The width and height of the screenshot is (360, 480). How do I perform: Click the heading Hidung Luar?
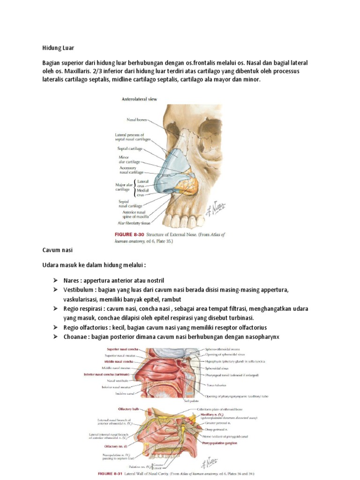coord(58,48)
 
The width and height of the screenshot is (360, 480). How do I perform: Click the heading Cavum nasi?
coord(58,250)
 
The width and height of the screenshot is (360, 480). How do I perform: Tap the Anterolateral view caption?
coord(139,99)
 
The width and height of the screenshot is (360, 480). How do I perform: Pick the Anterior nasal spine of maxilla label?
coord(135,214)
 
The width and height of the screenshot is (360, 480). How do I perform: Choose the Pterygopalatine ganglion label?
coord(221,442)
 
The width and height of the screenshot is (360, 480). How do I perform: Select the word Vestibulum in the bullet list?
coord(79,290)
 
